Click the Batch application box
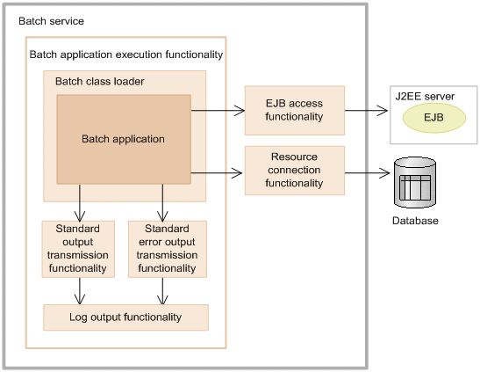coord(123,139)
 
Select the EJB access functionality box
coord(294,110)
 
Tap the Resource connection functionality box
coord(294,171)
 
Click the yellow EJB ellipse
coord(433,116)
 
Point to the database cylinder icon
coord(414,182)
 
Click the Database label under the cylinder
coord(414,221)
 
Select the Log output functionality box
coord(125,317)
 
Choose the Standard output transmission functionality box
coord(79,248)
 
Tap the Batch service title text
coord(52,19)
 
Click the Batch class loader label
coord(99,82)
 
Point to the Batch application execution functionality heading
coord(126,55)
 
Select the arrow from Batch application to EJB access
coord(217,110)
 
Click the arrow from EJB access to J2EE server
coord(366,110)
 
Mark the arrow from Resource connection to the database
coord(366,171)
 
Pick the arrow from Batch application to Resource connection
coord(217,171)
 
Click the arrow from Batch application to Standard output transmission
coord(80,202)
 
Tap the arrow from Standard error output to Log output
coord(161,289)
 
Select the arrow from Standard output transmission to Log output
coord(80,289)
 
